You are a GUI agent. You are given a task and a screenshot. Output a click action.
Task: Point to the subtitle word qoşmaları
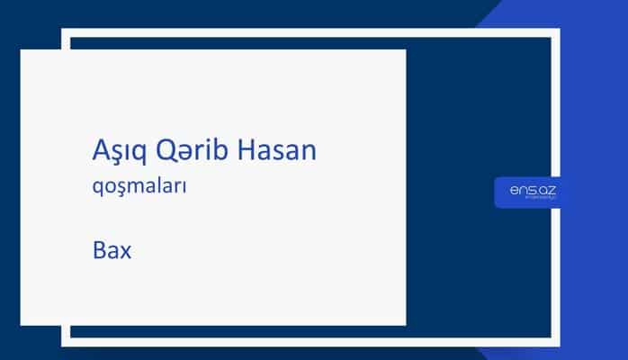click(139, 190)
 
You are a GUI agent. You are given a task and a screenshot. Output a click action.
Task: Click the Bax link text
click(112, 249)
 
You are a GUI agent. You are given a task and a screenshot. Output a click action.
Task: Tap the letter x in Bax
click(125, 251)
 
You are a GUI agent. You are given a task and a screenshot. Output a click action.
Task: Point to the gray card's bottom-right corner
click(405, 324)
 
